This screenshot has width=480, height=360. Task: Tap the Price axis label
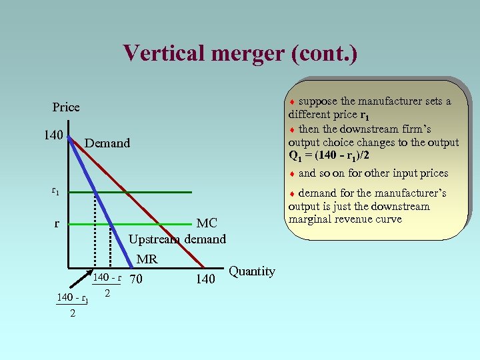pyautogui.click(x=66, y=107)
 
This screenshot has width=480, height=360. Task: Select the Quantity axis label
pyautogui.click(x=251, y=271)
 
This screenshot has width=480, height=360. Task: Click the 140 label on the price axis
pyautogui.click(x=53, y=135)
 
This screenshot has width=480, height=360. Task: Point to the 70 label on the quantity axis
pyautogui.click(x=136, y=279)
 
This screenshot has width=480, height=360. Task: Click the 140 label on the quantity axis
pyautogui.click(x=205, y=279)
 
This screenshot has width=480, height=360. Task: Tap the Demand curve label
pyautogui.click(x=107, y=143)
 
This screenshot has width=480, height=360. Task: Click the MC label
pyautogui.click(x=207, y=223)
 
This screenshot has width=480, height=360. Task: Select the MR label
pyautogui.click(x=147, y=259)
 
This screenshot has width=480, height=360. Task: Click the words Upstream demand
pyautogui.click(x=177, y=239)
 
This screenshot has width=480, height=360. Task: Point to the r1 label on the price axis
pyautogui.click(x=55, y=191)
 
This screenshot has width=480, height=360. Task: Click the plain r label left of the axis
pyautogui.click(x=57, y=223)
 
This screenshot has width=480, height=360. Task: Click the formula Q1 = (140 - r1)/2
pyautogui.click(x=329, y=155)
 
